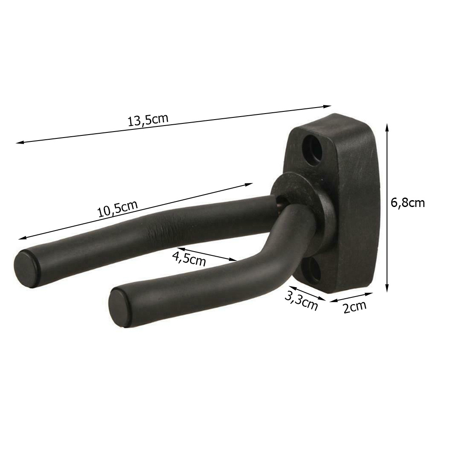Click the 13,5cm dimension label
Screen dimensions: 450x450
(148, 120)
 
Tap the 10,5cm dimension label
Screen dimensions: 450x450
(117, 209)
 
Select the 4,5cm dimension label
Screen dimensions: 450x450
(189, 258)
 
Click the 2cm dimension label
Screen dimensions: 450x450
(355, 307)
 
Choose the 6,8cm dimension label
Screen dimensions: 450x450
(408, 203)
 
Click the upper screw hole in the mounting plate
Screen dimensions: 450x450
(313, 148)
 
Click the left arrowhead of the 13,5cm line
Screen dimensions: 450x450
(18, 142)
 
